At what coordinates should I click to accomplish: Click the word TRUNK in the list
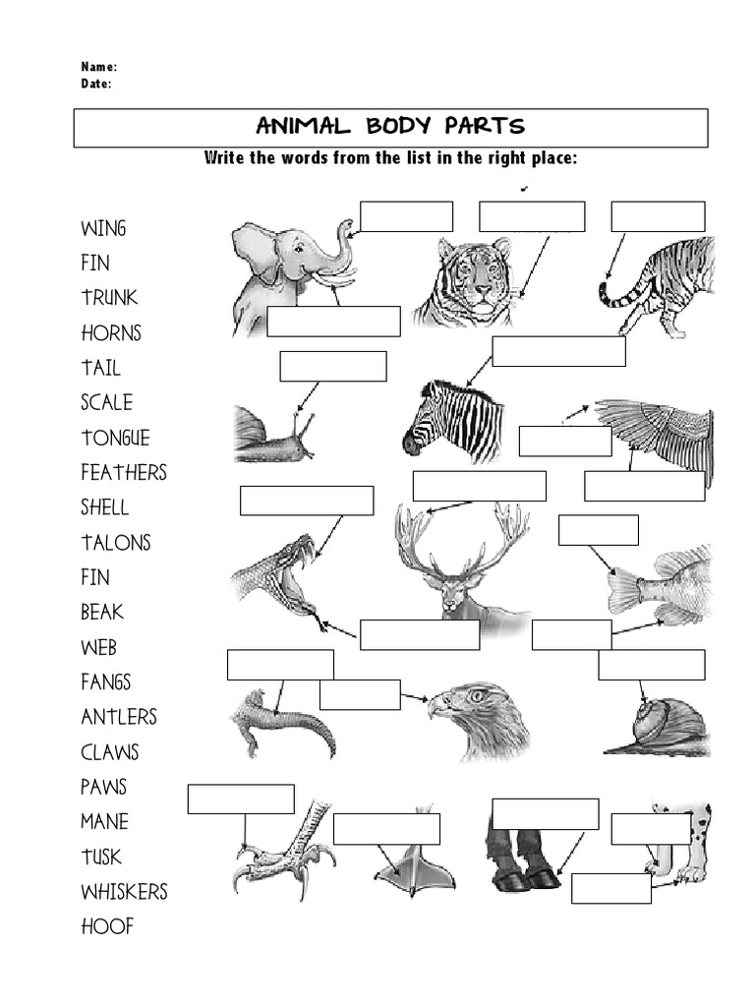[109, 298]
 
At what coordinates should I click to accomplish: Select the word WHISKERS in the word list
[124, 892]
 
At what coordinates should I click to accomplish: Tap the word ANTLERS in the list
[118, 717]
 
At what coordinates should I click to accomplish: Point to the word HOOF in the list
[107, 926]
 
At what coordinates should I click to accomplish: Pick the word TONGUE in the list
[115, 438]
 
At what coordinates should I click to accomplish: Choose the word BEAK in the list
[102, 612]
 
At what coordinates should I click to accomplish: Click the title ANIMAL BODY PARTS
[390, 127]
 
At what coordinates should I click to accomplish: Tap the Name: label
[98, 67]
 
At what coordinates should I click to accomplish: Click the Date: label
[95, 84]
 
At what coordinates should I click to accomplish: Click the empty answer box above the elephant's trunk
[406, 216]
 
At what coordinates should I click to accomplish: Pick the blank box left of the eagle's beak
[360, 694]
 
